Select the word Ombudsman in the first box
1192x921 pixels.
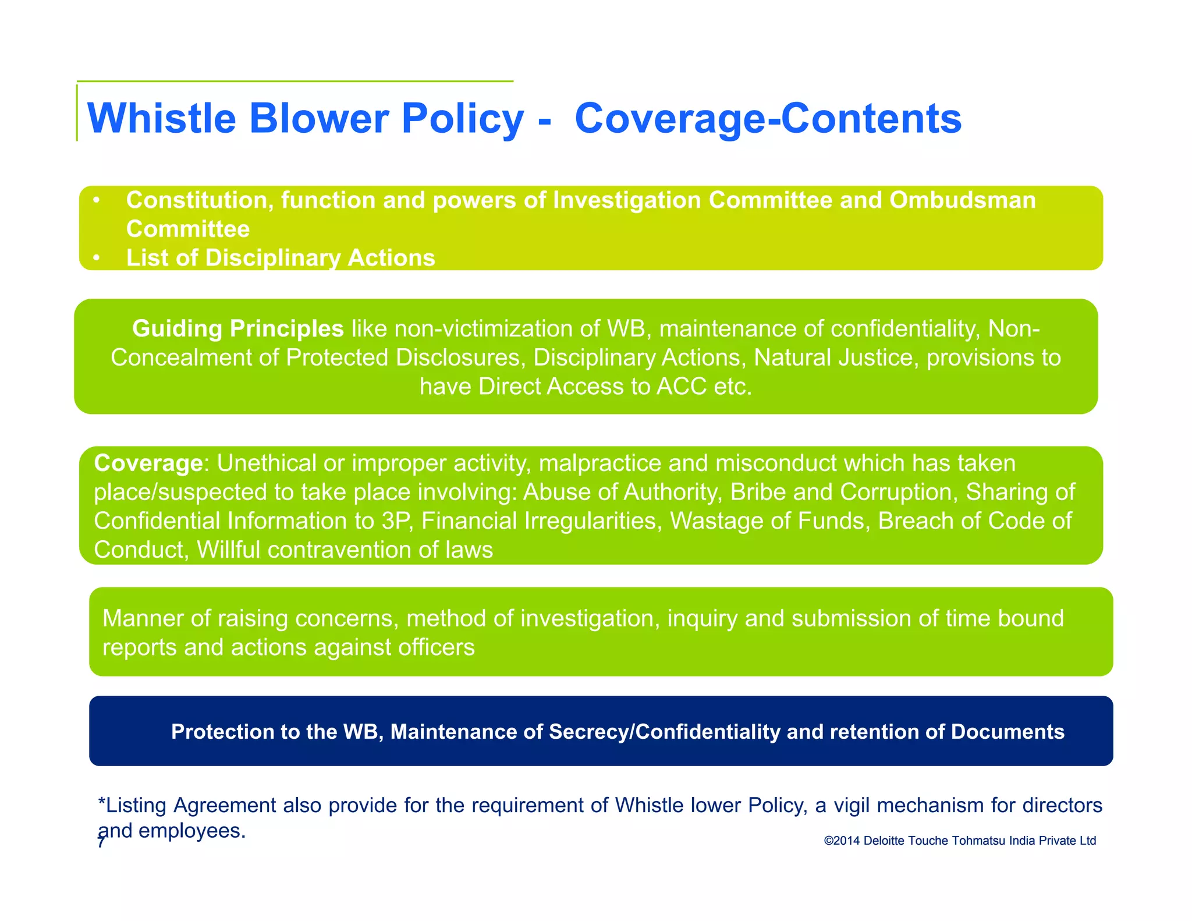pyautogui.click(x=962, y=200)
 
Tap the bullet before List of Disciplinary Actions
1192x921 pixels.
pyautogui.click(x=97, y=257)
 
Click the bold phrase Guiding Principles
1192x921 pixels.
pyautogui.click(x=237, y=328)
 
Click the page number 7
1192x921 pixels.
pyautogui.click(x=101, y=842)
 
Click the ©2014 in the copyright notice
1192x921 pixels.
pyautogui.click(x=842, y=841)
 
